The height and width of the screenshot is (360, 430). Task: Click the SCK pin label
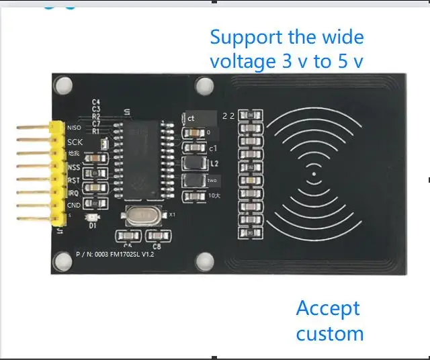(x=75, y=142)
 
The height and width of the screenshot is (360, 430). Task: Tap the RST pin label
(x=74, y=181)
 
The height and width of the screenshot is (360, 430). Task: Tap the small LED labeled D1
(x=93, y=218)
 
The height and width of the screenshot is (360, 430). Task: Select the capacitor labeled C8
(x=157, y=236)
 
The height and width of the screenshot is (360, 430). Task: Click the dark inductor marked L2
(x=193, y=163)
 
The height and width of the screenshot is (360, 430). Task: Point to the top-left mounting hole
(x=64, y=85)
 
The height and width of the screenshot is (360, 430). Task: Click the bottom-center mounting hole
(x=206, y=259)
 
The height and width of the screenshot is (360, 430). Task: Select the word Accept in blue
(x=328, y=309)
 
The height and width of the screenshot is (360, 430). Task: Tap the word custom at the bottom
(x=330, y=334)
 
